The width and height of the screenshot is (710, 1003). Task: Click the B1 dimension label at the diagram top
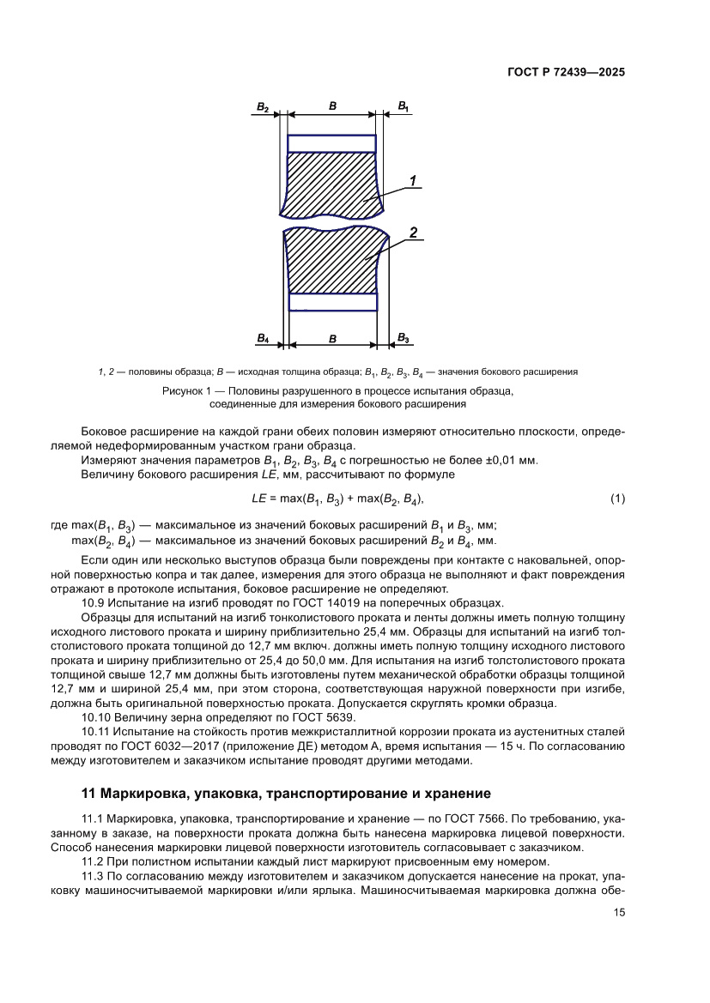403,106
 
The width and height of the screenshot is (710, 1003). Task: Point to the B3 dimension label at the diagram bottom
403,339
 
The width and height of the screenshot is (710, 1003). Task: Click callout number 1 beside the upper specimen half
412,180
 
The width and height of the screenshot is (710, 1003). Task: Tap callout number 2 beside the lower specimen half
413,233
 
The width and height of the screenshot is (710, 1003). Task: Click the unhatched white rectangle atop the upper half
331,142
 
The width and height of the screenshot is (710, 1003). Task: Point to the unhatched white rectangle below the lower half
331,302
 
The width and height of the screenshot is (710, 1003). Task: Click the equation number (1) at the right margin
617,498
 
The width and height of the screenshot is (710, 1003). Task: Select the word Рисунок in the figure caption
183,391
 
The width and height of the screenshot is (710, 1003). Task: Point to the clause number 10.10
97,716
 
